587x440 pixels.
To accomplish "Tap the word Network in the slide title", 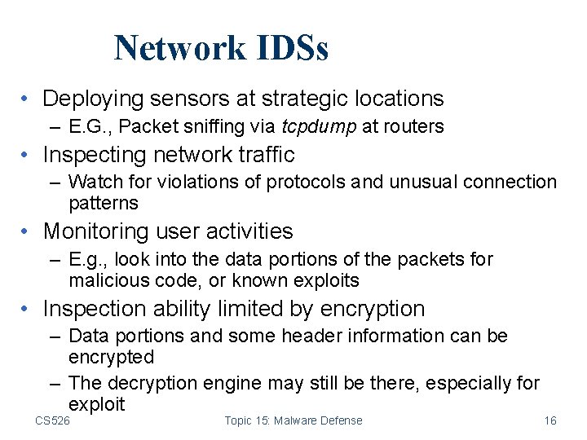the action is pos(179,48).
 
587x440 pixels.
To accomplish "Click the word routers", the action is pos(413,126).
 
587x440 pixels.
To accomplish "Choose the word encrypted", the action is pos(111,357).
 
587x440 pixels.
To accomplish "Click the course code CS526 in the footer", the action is pos(52,420).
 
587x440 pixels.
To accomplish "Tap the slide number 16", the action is pos(550,420).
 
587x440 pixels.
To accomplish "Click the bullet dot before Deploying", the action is pos(27,99).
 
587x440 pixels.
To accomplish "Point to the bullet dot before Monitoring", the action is pos(27,232).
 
